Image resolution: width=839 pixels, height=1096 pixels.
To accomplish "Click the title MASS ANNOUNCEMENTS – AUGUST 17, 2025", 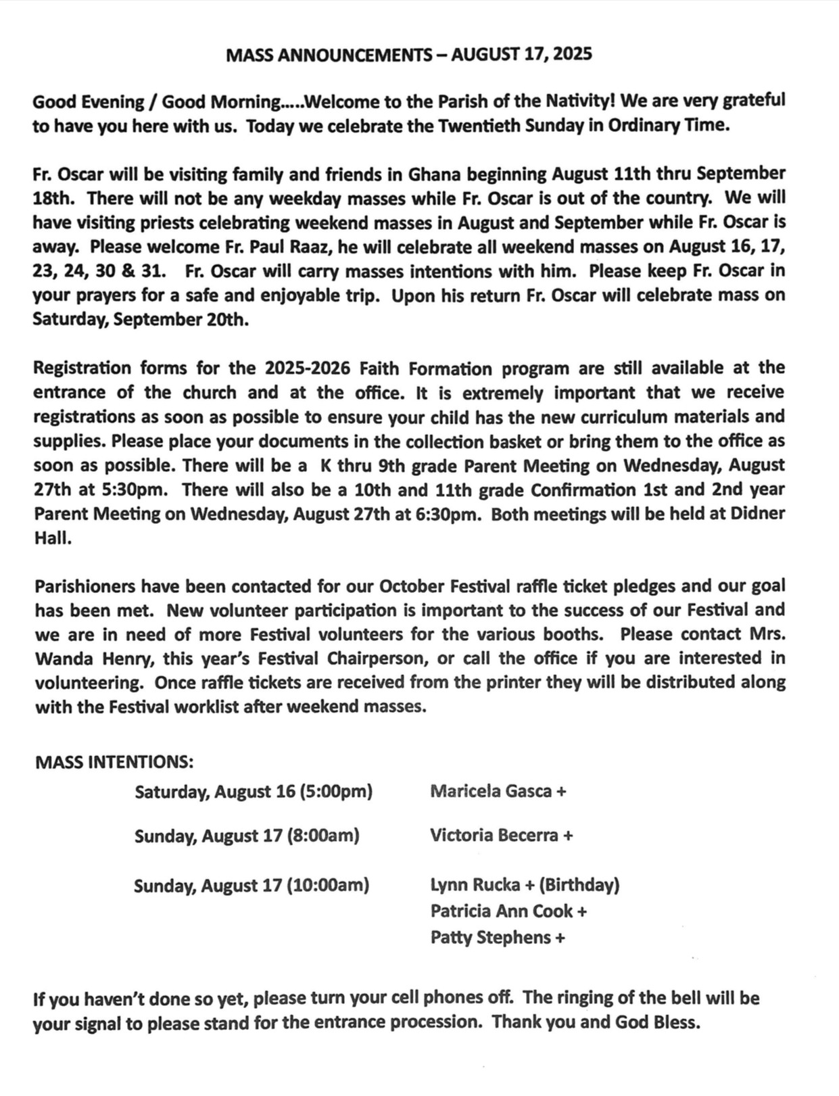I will [409, 54].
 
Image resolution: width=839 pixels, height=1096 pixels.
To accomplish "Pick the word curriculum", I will [609, 416].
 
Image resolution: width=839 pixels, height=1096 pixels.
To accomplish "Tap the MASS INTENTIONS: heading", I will [114, 762].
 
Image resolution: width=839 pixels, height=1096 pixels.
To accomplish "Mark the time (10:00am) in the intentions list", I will [328, 884].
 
